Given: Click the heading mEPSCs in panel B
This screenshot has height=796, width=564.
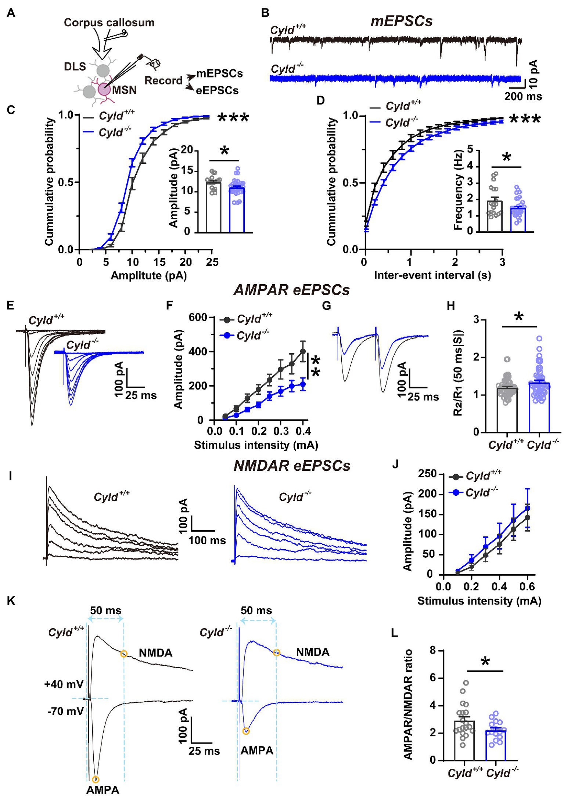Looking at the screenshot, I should (x=401, y=21).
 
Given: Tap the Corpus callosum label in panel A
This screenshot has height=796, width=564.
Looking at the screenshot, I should (x=109, y=22).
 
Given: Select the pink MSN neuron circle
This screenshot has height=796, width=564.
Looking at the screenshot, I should (x=104, y=89).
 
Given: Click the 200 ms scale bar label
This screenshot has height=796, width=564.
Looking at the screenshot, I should (x=523, y=96).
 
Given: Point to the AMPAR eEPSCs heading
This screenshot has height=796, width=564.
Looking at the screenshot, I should (x=292, y=290).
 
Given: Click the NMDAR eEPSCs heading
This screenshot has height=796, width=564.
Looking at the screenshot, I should (x=292, y=466).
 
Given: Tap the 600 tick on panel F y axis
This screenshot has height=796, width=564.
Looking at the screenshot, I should (x=198, y=317).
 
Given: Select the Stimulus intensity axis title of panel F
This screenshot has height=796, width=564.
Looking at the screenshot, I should (x=256, y=445).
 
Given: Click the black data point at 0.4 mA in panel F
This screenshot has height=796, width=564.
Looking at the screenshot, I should (x=303, y=351).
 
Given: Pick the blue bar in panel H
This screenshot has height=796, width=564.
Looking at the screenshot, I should (x=539, y=408).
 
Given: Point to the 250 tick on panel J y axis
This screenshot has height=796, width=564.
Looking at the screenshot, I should (x=428, y=474).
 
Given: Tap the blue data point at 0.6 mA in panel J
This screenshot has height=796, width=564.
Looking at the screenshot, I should (x=527, y=508).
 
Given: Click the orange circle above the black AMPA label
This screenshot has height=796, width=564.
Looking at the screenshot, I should (x=96, y=779).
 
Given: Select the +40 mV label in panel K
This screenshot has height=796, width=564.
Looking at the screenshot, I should (x=64, y=684).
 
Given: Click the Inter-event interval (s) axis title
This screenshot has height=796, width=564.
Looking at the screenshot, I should (x=432, y=275).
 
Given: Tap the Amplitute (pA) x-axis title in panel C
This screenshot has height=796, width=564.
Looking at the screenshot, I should (x=149, y=275).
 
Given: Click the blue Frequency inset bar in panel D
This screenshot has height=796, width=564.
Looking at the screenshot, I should (x=518, y=220).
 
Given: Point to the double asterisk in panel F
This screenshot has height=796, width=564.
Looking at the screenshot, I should (x=315, y=366).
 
